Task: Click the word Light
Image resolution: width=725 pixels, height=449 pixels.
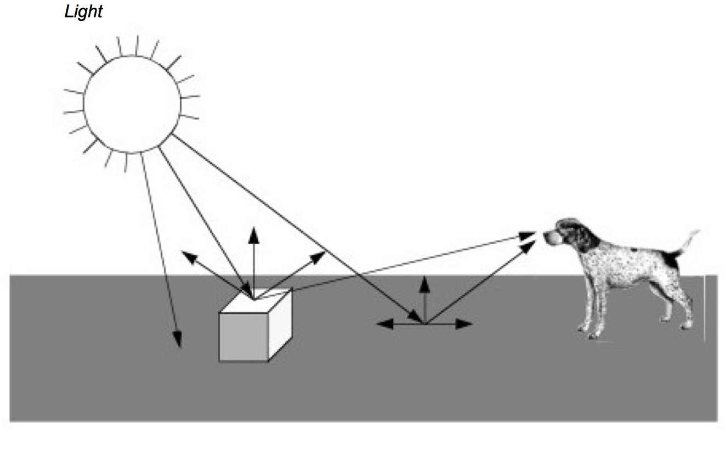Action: click(x=83, y=12)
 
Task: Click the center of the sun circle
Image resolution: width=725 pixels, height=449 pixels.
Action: click(x=132, y=104)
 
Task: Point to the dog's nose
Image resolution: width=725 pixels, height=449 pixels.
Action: click(x=547, y=235)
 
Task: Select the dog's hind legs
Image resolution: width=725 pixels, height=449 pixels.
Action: click(x=677, y=307)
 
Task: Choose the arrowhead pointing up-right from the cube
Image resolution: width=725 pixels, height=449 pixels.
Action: click(x=319, y=256)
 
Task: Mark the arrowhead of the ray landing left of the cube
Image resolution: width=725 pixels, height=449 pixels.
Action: click(x=177, y=340)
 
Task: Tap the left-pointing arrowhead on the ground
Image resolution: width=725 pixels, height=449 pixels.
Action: click(x=385, y=324)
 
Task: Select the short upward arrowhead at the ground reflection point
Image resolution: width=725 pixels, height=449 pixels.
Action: click(x=424, y=283)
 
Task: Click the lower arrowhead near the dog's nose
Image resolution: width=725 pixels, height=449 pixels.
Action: click(x=529, y=246)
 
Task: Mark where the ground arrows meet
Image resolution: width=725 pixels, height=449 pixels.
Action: click(x=424, y=323)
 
